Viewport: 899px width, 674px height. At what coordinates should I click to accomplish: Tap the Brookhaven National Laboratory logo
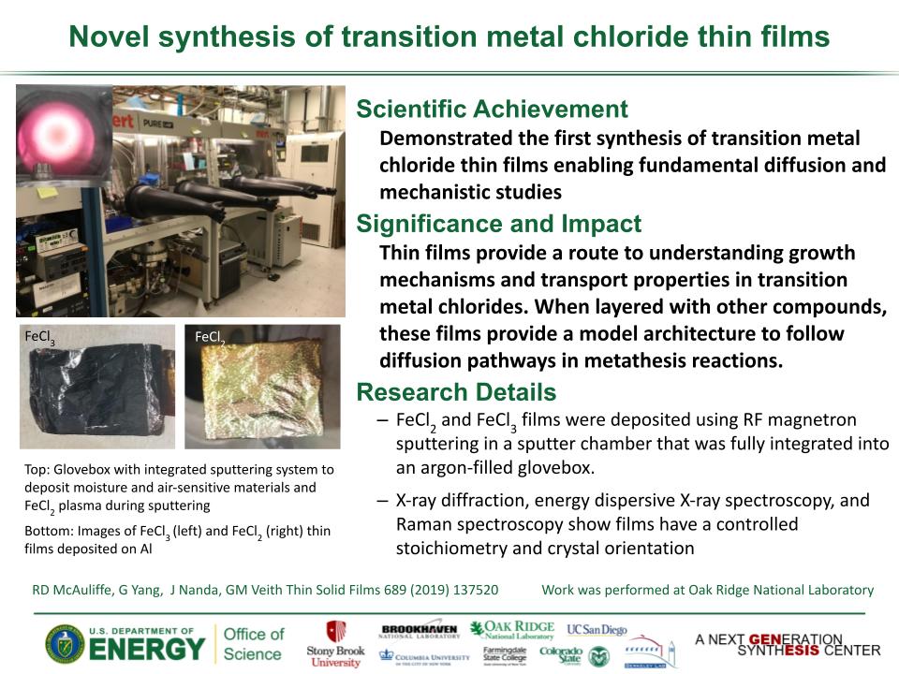pyautogui.click(x=419, y=630)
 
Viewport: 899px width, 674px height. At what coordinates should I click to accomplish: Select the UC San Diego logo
pyautogui.click(x=597, y=630)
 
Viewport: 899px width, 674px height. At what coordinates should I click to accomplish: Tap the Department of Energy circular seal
pyautogui.click(x=64, y=644)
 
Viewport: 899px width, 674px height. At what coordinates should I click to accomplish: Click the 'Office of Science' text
pyautogui.click(x=253, y=644)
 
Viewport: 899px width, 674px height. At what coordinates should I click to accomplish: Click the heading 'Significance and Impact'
pyautogui.click(x=498, y=224)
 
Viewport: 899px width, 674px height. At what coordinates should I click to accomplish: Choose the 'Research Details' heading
pyautogui.click(x=456, y=391)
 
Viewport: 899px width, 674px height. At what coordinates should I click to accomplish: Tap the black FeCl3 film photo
pyautogui.click(x=96, y=386)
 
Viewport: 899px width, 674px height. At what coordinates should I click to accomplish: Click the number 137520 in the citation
pyautogui.click(x=470, y=590)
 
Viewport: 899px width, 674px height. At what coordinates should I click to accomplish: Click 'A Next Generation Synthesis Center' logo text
pyautogui.click(x=787, y=644)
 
